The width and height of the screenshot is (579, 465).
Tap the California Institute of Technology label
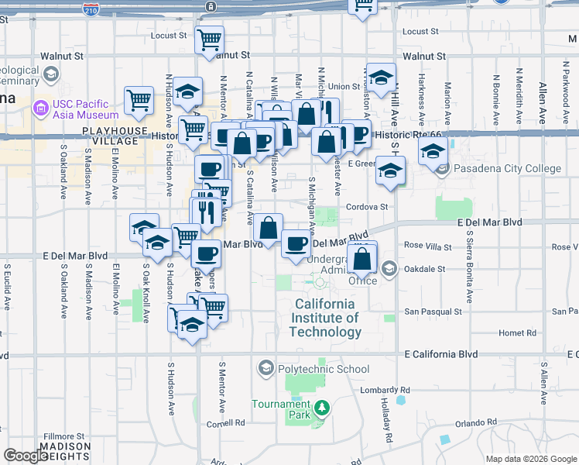(x=325, y=318)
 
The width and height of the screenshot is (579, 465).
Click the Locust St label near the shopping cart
(x=170, y=35)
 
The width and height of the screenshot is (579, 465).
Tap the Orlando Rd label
(x=475, y=422)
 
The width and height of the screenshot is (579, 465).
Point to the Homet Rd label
(x=518, y=333)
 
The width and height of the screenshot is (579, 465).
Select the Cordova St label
(x=366, y=207)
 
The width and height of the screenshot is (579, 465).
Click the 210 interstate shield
(x=91, y=9)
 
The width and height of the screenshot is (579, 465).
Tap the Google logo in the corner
(x=25, y=456)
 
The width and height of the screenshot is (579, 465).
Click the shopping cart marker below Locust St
(x=209, y=40)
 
